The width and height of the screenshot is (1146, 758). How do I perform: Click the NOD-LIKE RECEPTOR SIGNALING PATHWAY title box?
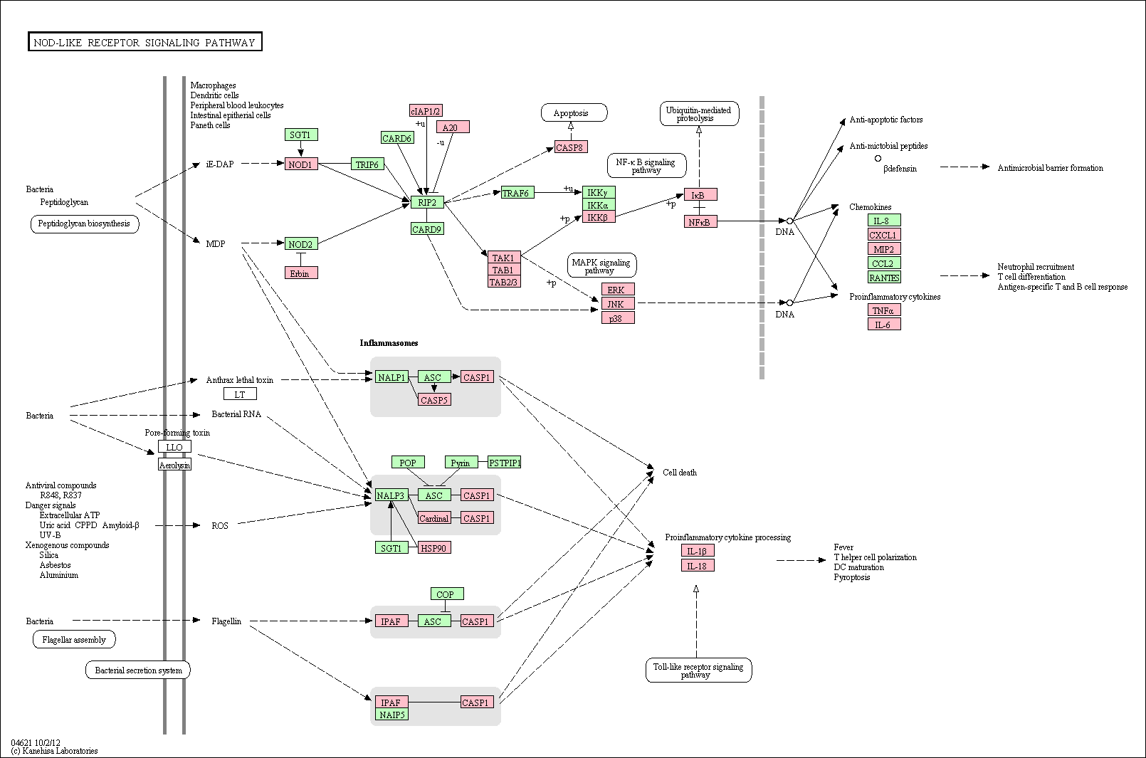(144, 42)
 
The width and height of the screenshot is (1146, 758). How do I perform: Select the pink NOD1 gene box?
(301, 164)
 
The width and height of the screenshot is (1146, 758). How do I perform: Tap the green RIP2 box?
(427, 202)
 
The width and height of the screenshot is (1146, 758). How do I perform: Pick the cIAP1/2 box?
(426, 110)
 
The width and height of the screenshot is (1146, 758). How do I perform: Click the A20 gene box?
(453, 127)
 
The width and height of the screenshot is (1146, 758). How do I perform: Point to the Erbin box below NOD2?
(301, 273)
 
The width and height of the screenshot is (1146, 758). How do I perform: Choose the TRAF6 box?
(517, 193)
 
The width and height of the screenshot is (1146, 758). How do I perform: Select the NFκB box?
(700, 221)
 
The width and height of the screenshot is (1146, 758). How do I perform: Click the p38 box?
(618, 317)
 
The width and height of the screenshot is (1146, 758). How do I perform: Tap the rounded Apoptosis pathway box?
(574, 112)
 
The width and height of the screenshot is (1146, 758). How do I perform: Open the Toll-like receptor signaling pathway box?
(699, 670)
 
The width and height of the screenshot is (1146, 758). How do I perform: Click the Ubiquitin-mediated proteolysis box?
(700, 114)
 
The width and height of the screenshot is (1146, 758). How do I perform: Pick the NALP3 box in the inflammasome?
(391, 495)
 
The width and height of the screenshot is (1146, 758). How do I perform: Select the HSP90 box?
(434, 548)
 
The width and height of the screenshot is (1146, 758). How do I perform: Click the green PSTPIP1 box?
(505, 463)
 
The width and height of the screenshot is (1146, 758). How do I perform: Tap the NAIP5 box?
(392, 714)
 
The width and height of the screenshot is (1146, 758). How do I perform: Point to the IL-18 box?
(698, 565)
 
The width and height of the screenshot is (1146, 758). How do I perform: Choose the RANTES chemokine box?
(884, 277)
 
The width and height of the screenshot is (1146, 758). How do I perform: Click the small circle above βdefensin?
(878, 159)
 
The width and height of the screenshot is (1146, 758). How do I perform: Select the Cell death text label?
(679, 472)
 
